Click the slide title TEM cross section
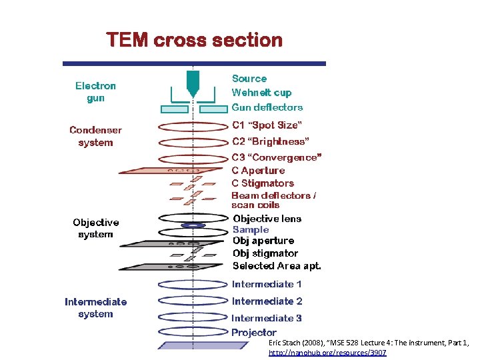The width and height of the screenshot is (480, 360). coord(195,41)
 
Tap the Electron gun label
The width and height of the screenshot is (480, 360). coord(95,92)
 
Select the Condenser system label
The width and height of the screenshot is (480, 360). coord(95,136)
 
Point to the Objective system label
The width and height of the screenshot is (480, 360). coord(96,228)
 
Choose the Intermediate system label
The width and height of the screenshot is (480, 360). coord(95,307)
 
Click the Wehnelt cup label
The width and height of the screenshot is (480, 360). coord(261,93)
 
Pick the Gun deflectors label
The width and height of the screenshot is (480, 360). coord(267,107)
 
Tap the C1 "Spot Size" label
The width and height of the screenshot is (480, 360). coord(267,125)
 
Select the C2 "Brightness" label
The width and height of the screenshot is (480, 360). coord(270,141)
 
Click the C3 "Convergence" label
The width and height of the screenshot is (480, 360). coord(277,157)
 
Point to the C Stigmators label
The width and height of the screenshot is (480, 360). coord(263,183)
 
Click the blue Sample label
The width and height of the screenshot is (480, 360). coord(251,229)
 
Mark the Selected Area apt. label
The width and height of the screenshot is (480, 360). coord(277,265)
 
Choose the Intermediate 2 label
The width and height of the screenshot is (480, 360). coord(267,301)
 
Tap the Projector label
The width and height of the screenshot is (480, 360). coord(253,332)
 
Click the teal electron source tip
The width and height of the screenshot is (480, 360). coord(193,83)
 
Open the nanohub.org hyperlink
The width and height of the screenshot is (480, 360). coord(327,352)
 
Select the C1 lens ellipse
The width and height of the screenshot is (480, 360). coord(193,125)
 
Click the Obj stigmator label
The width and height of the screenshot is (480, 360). coord(265,253)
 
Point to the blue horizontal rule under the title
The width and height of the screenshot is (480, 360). coord(194,63)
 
